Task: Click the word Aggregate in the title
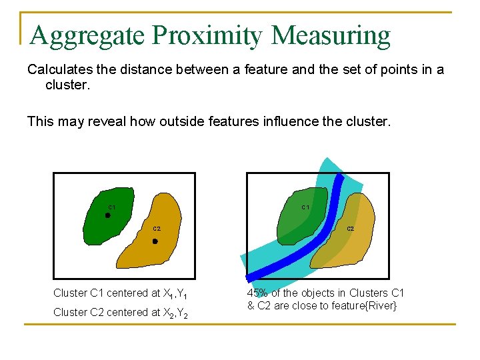click(87, 36)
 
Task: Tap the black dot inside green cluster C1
click(108, 215)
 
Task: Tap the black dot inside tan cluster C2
click(155, 241)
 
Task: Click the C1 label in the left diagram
click(112, 207)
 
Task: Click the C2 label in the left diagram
click(157, 229)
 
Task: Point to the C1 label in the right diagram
click(305, 207)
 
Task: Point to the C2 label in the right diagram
click(350, 229)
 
